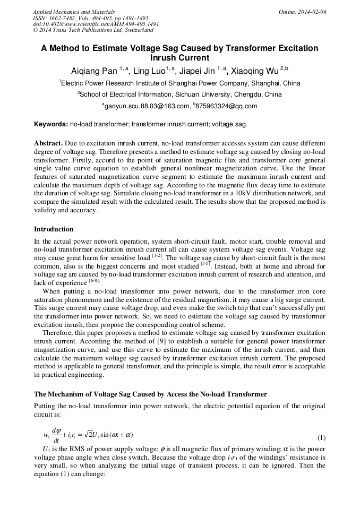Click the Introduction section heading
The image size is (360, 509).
pyautogui.click(x=54, y=229)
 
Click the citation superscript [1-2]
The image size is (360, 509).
pyautogui.click(x=157, y=255)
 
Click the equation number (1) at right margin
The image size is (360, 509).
pyautogui.click(x=321, y=438)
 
